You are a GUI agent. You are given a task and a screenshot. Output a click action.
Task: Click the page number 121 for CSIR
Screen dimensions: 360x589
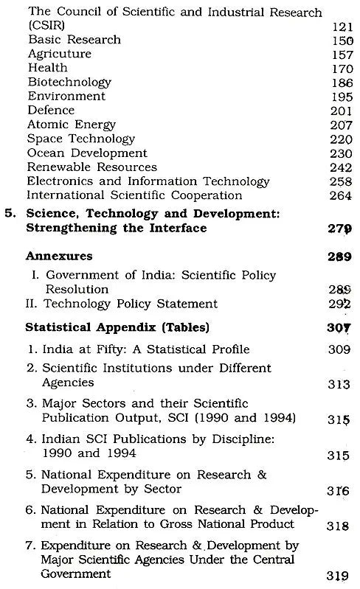[x=336, y=27]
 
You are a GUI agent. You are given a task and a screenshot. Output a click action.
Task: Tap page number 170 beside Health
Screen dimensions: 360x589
[x=336, y=69]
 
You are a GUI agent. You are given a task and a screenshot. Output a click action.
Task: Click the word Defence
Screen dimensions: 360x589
[x=51, y=111]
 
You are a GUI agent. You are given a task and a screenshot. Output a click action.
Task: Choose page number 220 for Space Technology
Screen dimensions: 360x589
[x=336, y=139]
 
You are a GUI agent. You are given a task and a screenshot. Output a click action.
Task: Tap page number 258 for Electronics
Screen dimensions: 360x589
[x=336, y=181]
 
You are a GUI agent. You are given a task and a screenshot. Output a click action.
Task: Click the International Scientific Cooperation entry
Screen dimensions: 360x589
[x=135, y=195]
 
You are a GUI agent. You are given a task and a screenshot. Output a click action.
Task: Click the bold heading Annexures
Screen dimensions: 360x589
[x=60, y=256]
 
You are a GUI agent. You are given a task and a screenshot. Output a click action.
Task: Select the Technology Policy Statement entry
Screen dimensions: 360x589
[x=122, y=303]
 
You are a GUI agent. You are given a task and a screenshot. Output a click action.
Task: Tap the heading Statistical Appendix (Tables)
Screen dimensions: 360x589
[x=107, y=326]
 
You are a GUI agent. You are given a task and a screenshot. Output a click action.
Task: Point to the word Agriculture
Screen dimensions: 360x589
[x=60, y=54]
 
